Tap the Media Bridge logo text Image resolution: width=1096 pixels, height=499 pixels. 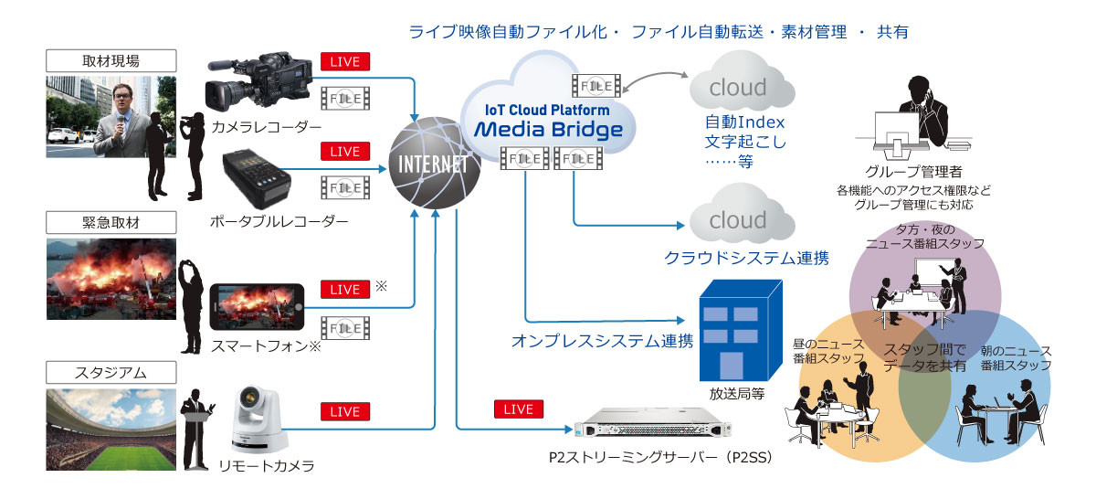(x=548, y=128)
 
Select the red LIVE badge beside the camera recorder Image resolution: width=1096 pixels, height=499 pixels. (x=345, y=62)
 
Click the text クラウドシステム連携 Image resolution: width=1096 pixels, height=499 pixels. (x=746, y=259)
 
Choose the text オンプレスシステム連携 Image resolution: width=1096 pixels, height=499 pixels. (x=602, y=342)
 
